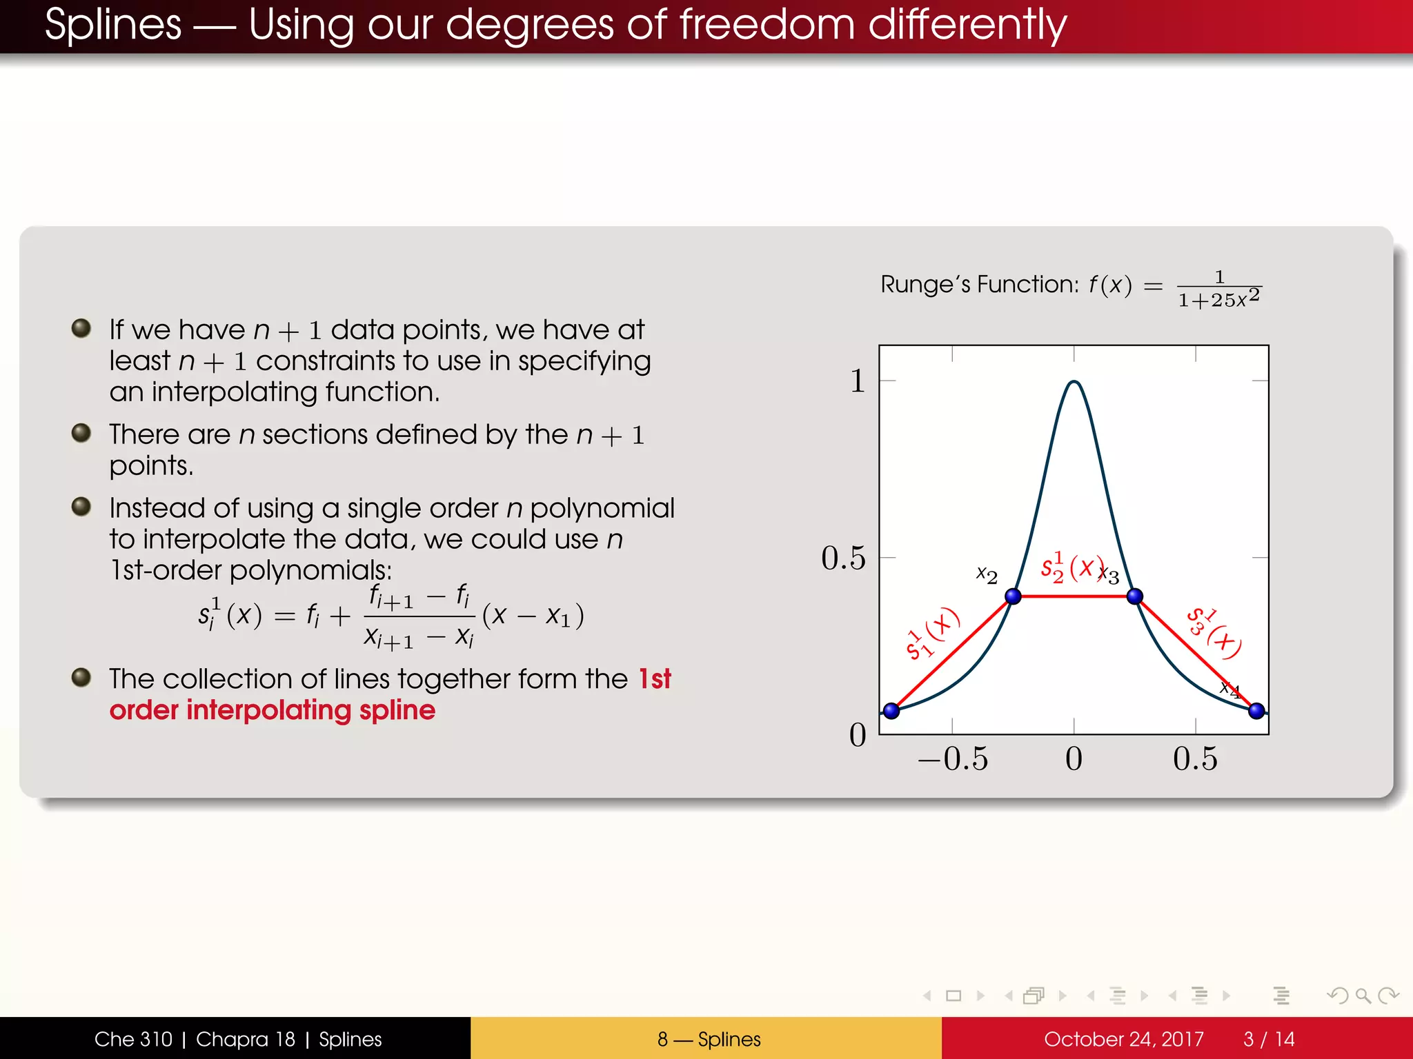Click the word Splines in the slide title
pyautogui.click(x=113, y=25)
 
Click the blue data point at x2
pyautogui.click(x=1013, y=596)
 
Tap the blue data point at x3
pyautogui.click(x=1134, y=596)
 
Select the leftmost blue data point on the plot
pyautogui.click(x=891, y=710)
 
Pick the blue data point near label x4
pyautogui.click(x=1256, y=710)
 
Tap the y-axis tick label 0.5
pyautogui.click(x=842, y=558)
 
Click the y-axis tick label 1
pyautogui.click(x=857, y=381)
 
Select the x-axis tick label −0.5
pyautogui.click(x=952, y=758)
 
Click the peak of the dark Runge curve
pyautogui.click(x=1074, y=382)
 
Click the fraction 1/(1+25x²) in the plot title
pyautogui.click(x=1219, y=290)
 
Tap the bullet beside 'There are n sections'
pyautogui.click(x=81, y=433)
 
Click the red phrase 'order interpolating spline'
pyautogui.click(x=273, y=710)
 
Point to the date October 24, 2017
pyautogui.click(x=1123, y=1039)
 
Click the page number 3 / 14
pyautogui.click(x=1269, y=1039)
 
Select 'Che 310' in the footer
pyautogui.click(x=133, y=1039)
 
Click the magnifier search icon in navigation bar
pyautogui.click(x=1362, y=996)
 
